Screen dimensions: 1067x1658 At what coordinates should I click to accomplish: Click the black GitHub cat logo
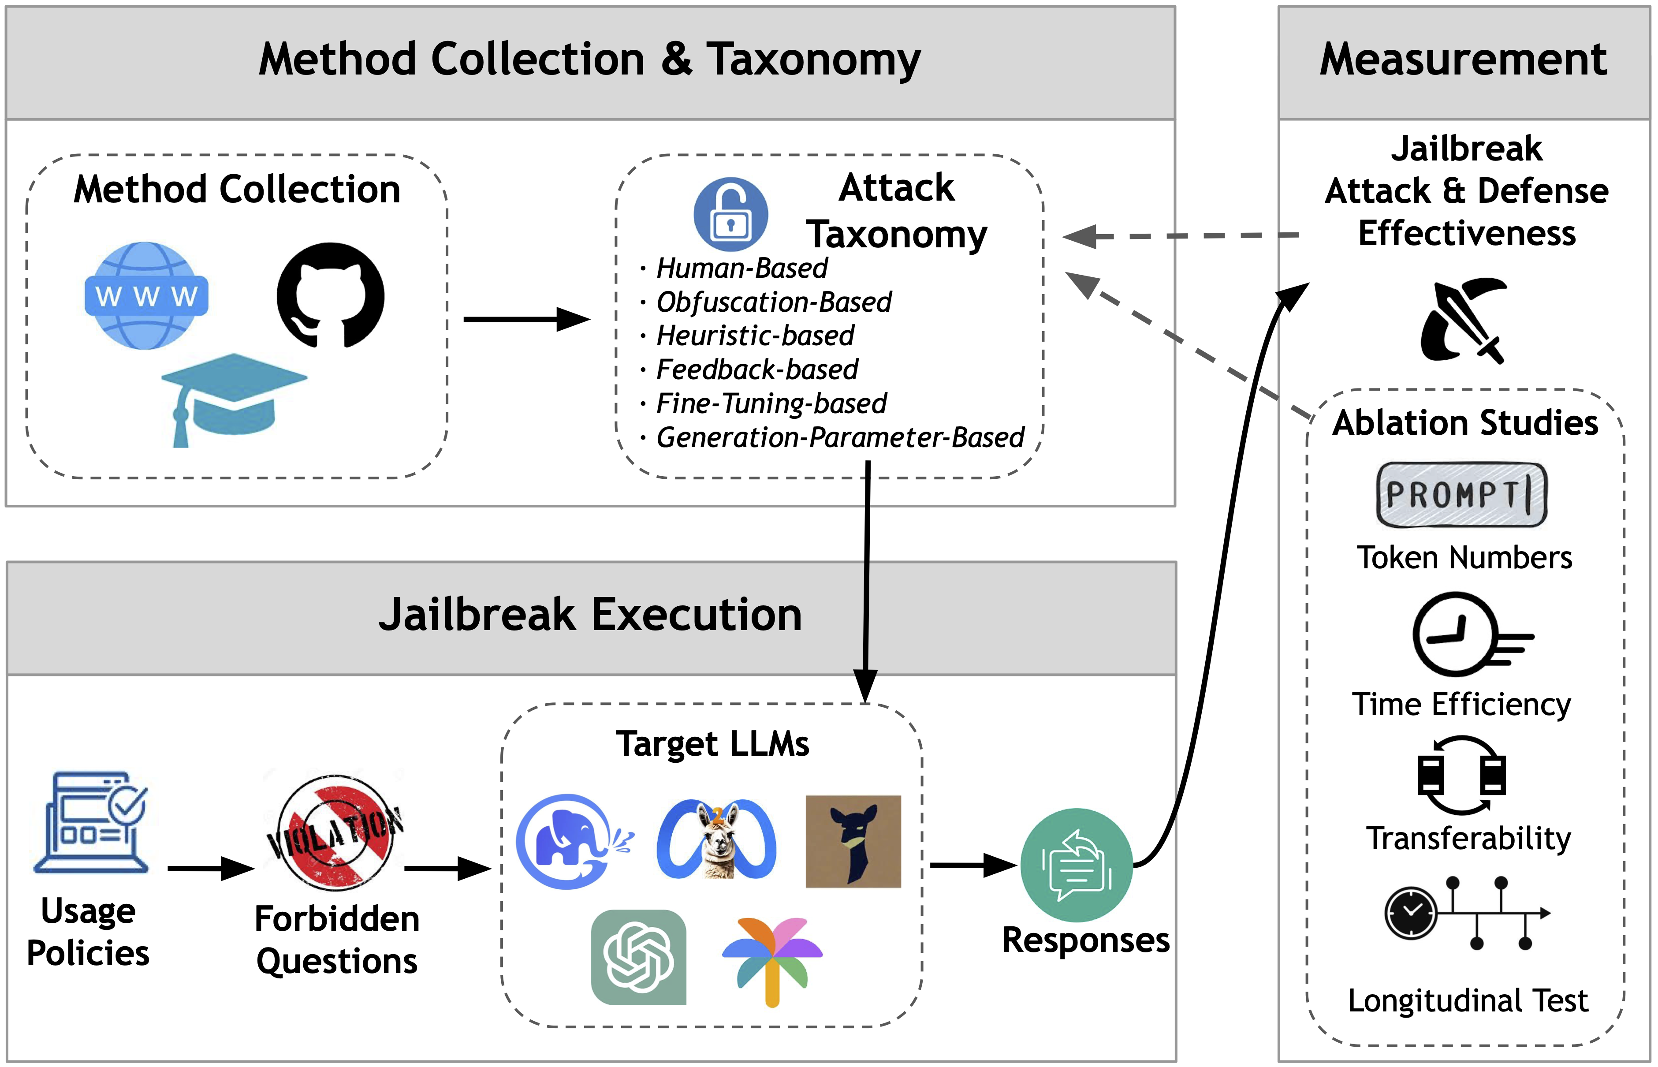330,295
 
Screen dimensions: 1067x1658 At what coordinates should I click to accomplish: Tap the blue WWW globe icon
146,296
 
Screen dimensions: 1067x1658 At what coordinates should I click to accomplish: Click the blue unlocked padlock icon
730,214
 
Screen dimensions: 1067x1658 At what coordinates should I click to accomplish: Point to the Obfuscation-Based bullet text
774,302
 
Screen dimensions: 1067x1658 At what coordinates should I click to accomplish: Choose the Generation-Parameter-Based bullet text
839,437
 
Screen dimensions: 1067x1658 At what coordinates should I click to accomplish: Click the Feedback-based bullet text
757,369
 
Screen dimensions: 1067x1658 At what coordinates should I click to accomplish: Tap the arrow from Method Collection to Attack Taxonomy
526,319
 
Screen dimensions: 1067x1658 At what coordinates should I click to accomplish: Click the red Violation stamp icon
336,832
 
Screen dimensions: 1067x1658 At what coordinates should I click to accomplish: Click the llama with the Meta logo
717,840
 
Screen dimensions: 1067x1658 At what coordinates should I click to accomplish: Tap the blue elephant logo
570,841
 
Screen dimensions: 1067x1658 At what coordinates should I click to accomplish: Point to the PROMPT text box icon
1461,495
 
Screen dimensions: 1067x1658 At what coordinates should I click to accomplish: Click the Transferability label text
1468,838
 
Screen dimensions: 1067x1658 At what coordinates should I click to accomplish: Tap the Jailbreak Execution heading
590,615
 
